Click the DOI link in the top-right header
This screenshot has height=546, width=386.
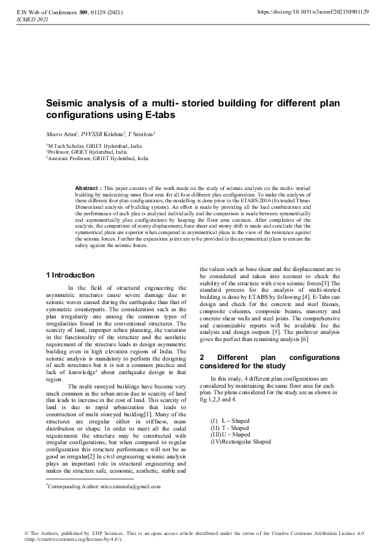click(313, 12)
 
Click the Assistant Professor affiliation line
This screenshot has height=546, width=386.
click(99, 158)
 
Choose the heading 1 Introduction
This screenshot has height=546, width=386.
click(70, 276)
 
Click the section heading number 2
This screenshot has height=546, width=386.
click(202, 357)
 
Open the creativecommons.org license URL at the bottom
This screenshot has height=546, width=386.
click(65, 540)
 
